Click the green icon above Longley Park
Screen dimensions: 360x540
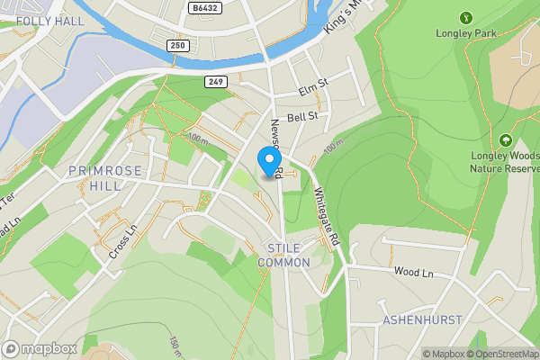pyautogui.click(x=466, y=18)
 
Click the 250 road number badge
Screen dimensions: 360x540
pyautogui.click(x=179, y=46)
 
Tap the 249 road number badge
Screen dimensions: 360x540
pyautogui.click(x=214, y=82)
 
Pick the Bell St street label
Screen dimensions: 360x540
pyautogui.click(x=302, y=117)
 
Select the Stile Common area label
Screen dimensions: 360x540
pyautogui.click(x=283, y=255)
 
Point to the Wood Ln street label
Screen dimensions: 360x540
pyautogui.click(x=414, y=272)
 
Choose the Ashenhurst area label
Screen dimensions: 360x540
pyautogui.click(x=422, y=319)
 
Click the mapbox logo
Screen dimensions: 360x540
pyautogui.click(x=40, y=348)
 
